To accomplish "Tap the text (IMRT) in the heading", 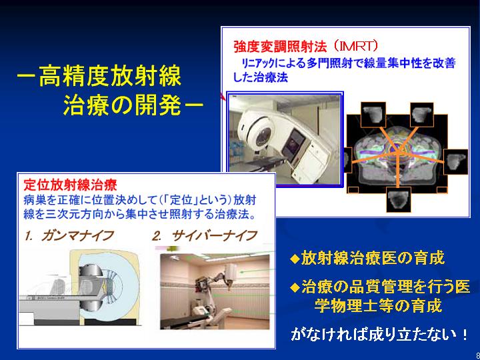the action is click(x=356, y=47).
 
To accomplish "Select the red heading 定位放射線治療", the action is click(x=70, y=185).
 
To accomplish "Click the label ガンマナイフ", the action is click(x=77, y=236).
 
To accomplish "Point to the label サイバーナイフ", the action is click(x=214, y=236).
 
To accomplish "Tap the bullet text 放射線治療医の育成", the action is click(x=372, y=258).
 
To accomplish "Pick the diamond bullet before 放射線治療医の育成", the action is click(x=295, y=259).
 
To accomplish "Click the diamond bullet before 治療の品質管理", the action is click(x=295, y=287).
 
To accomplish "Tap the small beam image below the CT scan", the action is click(x=398, y=199).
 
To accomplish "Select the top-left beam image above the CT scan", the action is click(x=373, y=115).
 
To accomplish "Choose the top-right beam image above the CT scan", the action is click(x=422, y=115).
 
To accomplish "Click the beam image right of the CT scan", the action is click(x=455, y=161).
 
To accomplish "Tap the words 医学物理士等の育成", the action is click(x=378, y=305).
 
